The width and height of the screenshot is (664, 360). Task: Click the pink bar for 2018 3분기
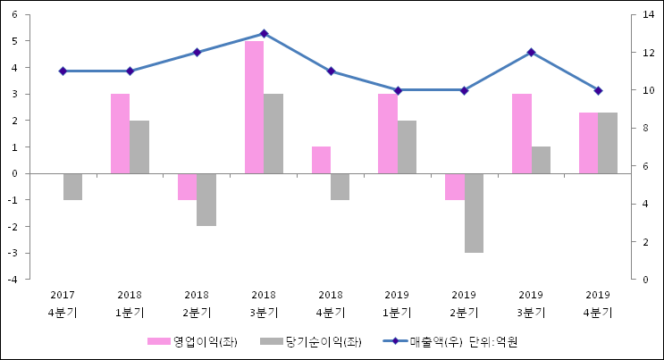coord(254,107)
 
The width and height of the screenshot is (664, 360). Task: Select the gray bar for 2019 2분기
coord(474,213)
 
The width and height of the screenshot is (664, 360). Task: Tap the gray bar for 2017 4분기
coord(72,187)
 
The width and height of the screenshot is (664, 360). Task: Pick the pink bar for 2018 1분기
coord(120,133)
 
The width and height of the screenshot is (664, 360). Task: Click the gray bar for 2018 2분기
coord(206,199)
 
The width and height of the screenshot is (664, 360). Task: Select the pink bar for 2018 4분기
coord(321,160)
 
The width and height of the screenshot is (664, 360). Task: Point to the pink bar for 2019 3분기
coord(521,133)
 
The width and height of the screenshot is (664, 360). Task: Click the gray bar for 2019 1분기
coord(407,147)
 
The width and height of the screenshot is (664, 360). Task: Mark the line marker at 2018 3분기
coord(264,33)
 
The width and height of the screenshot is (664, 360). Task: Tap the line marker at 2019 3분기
coord(531,52)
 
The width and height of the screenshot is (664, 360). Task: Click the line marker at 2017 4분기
coord(63,71)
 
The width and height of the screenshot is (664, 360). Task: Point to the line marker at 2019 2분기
coord(464,90)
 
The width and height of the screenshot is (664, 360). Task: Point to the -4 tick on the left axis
coord(13,280)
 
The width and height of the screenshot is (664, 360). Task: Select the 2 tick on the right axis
coord(645,242)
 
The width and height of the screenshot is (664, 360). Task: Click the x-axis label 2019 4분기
coord(598,304)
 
